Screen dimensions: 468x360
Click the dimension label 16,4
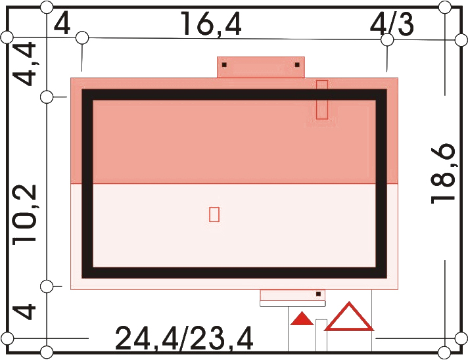(211, 24)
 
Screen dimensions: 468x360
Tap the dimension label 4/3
(392, 23)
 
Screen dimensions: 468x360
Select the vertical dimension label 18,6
(443, 174)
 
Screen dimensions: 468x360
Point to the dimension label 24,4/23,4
(184, 338)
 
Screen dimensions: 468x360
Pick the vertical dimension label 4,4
(24, 64)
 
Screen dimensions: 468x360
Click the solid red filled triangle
(302, 318)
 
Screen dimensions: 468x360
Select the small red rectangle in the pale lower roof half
(214, 214)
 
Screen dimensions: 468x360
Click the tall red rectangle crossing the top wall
(322, 100)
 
